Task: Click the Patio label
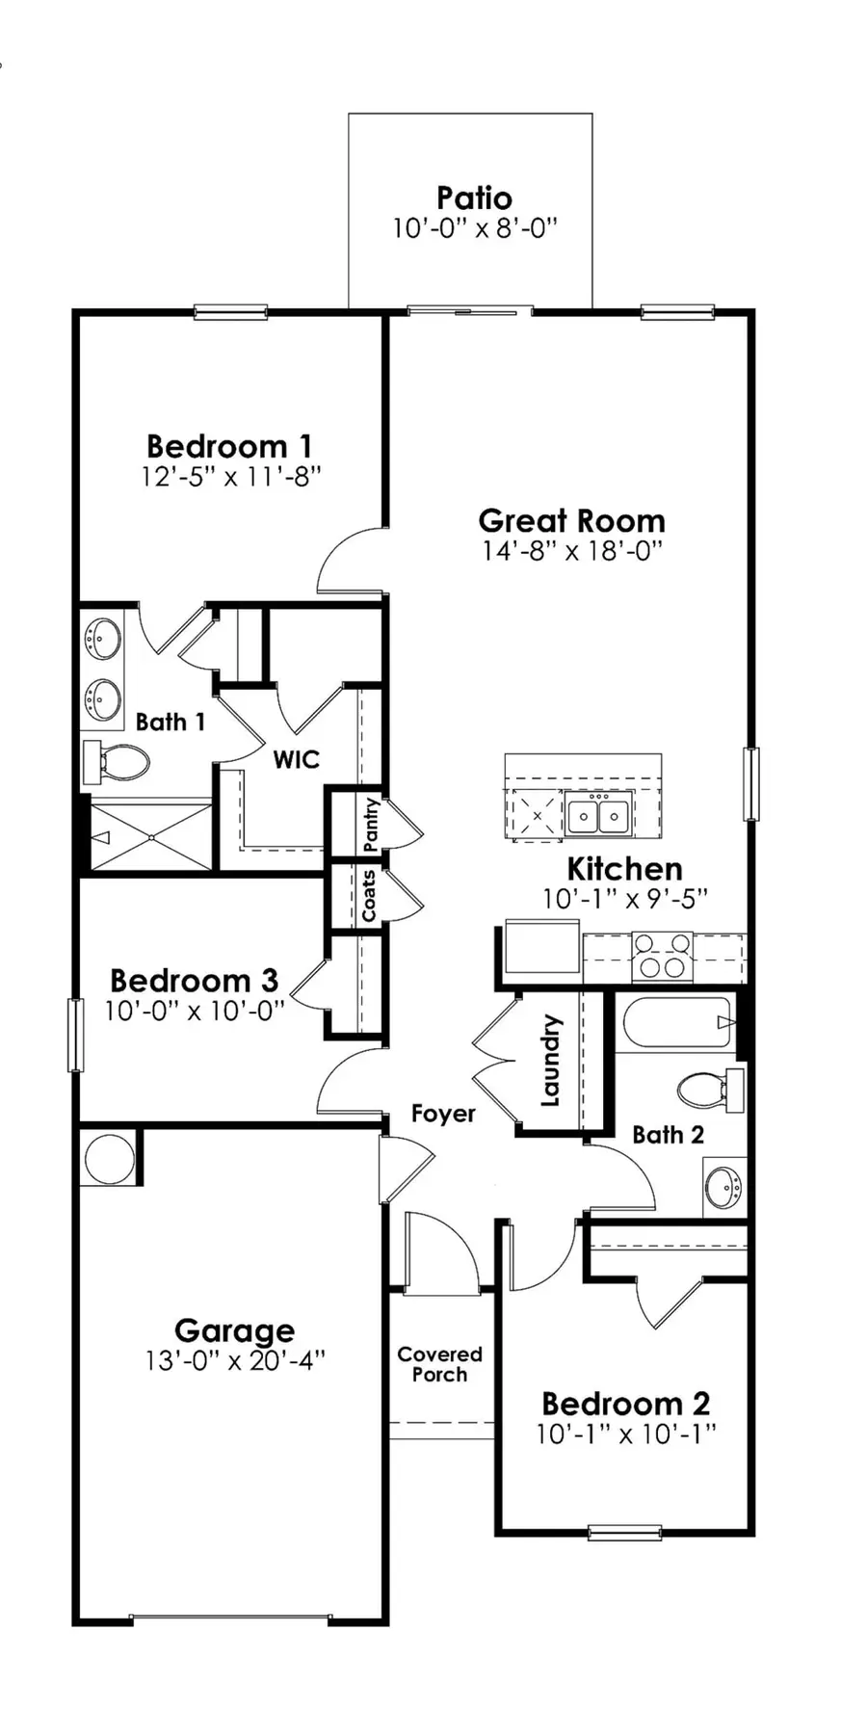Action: [474, 198]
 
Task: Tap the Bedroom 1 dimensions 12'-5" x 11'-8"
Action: [231, 476]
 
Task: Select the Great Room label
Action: [572, 521]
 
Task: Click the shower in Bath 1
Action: [150, 837]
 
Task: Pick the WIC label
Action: [296, 759]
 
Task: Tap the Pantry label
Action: [372, 824]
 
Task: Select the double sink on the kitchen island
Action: [598, 816]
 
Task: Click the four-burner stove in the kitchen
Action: [662, 956]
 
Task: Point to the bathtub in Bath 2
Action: [677, 1022]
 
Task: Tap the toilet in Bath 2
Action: [709, 1090]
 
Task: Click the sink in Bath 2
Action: [723, 1187]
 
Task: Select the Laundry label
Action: [550, 1060]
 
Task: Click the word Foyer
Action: [443, 1114]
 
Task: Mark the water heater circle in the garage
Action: [110, 1158]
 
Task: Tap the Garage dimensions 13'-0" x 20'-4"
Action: [235, 1360]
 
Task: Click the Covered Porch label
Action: [439, 1364]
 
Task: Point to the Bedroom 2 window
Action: [624, 1532]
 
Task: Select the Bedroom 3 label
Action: [194, 981]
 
